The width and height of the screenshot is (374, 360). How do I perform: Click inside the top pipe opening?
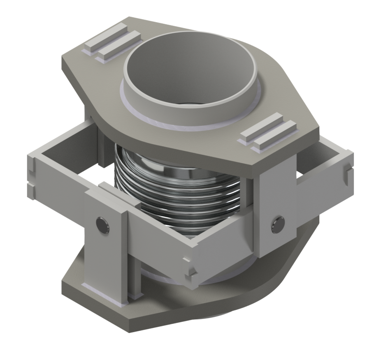189,70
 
